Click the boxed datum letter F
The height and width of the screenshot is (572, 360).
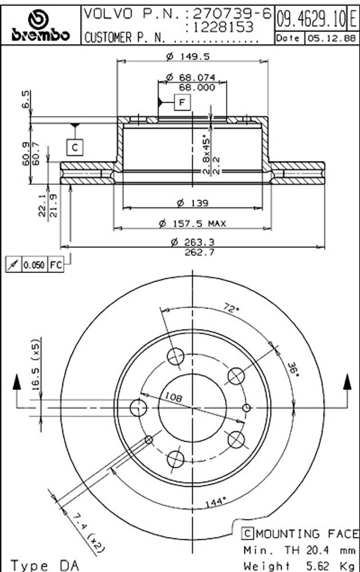182,103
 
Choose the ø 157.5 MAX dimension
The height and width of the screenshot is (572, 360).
192,224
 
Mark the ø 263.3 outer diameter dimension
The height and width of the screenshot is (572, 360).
192,243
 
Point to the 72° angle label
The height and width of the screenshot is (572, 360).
231,309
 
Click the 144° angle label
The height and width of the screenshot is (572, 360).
214,503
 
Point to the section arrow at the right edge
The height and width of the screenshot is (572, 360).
347,384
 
